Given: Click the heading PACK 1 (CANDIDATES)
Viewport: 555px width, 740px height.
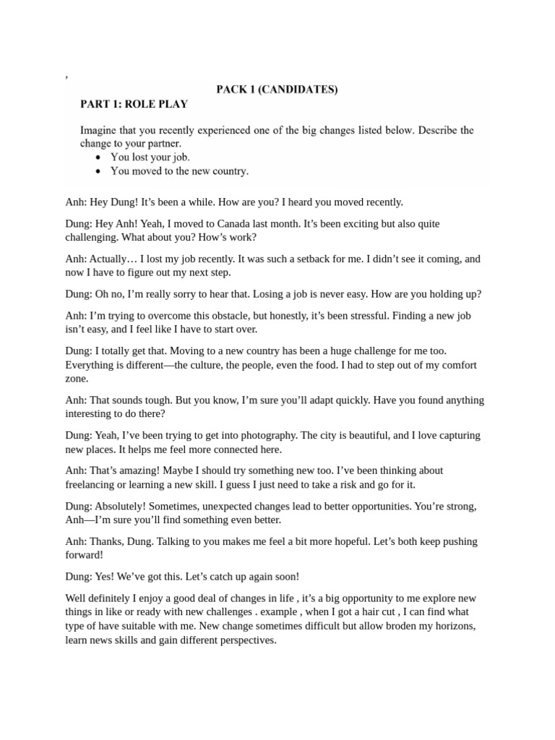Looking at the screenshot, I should (x=277, y=90).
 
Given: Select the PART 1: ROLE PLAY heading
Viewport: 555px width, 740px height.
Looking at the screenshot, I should (x=134, y=104).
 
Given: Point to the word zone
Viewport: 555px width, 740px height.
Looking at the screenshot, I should (x=77, y=379).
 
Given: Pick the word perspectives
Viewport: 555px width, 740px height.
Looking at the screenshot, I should (x=244, y=640).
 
